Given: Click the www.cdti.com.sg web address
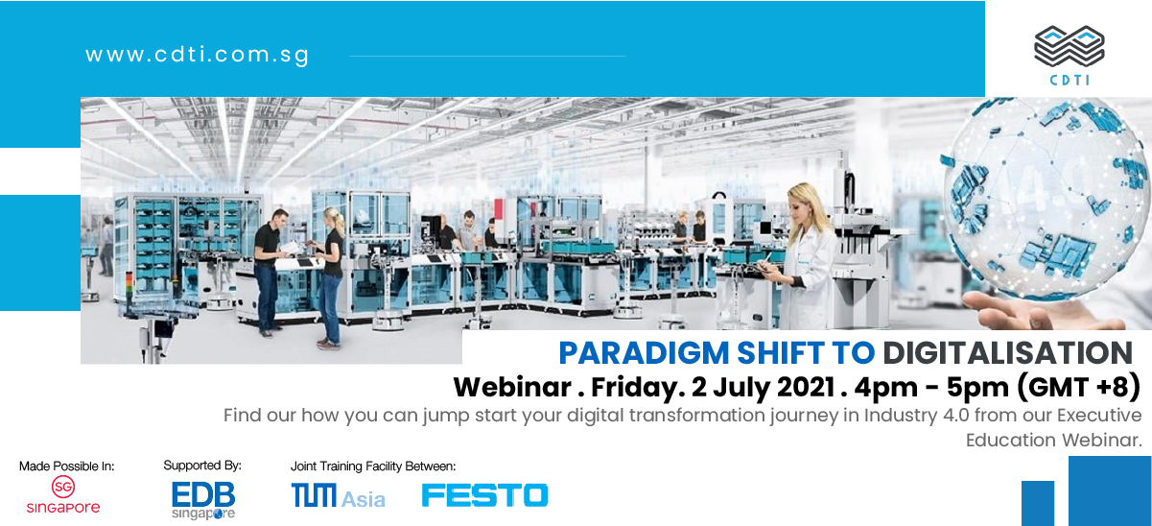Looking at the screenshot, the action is click(x=197, y=55).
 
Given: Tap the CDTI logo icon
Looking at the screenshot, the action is click(x=1070, y=46).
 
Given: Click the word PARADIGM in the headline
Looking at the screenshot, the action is click(x=644, y=353).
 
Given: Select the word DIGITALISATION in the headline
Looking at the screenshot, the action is click(x=1008, y=353).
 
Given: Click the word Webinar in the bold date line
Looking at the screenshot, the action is click(x=512, y=387).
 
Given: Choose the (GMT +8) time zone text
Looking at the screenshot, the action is click(x=1078, y=387).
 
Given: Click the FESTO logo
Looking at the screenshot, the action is click(x=485, y=495).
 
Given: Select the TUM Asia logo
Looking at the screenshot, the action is click(x=338, y=495).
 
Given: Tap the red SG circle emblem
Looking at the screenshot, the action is click(x=62, y=487).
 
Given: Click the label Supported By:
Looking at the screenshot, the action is click(x=202, y=466).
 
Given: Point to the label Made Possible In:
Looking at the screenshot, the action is click(x=66, y=466).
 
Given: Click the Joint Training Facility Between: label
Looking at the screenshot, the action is click(x=373, y=466).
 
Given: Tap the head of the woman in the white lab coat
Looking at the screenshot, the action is click(x=807, y=203).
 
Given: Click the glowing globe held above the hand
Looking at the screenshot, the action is click(x=1046, y=198).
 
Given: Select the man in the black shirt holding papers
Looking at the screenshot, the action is click(x=269, y=272).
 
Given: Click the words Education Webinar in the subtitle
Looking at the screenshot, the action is click(x=1053, y=440).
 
